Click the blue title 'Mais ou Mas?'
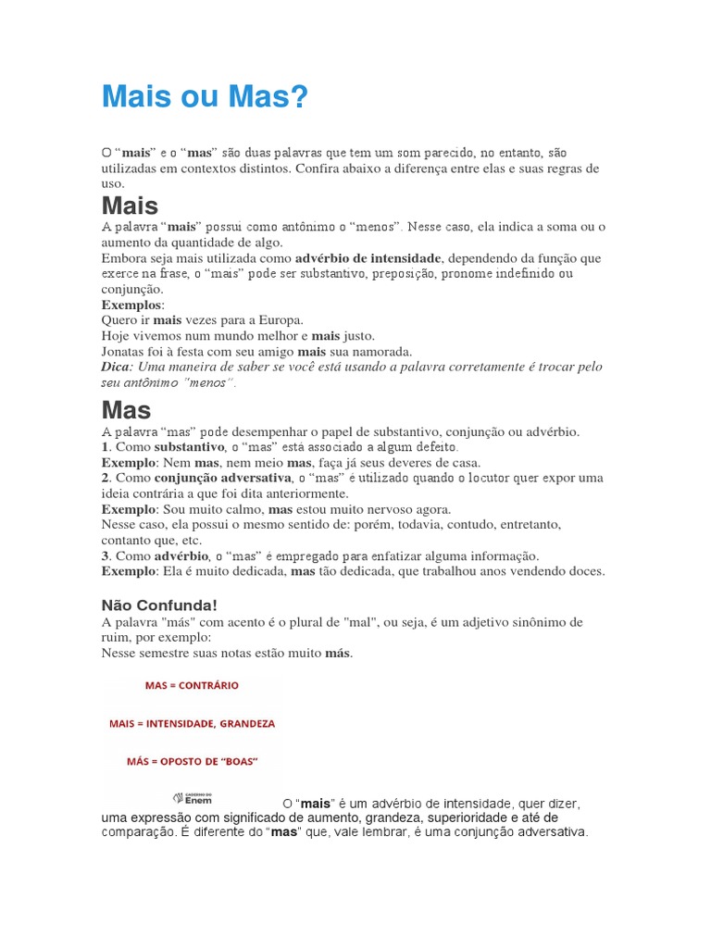[204, 95]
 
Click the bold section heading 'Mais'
[130, 206]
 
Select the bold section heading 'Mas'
[126, 409]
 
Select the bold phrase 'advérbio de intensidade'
[368, 257]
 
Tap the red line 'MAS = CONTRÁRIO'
[192, 686]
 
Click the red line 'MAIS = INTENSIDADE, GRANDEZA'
[192, 723]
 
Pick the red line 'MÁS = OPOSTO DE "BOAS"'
[192, 761]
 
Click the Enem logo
[193, 798]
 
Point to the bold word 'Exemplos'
[131, 304]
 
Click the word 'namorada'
[378, 351]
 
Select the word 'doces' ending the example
[585, 571]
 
